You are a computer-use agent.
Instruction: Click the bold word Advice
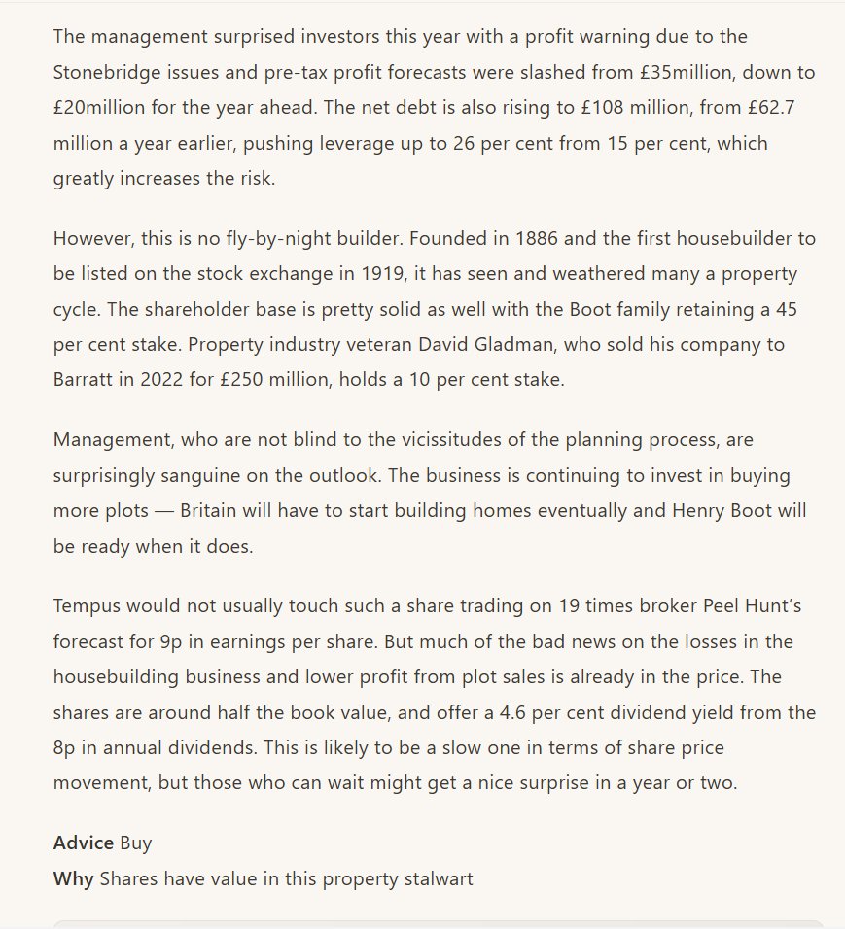coord(84,843)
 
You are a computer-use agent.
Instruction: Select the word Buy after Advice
coord(136,843)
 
